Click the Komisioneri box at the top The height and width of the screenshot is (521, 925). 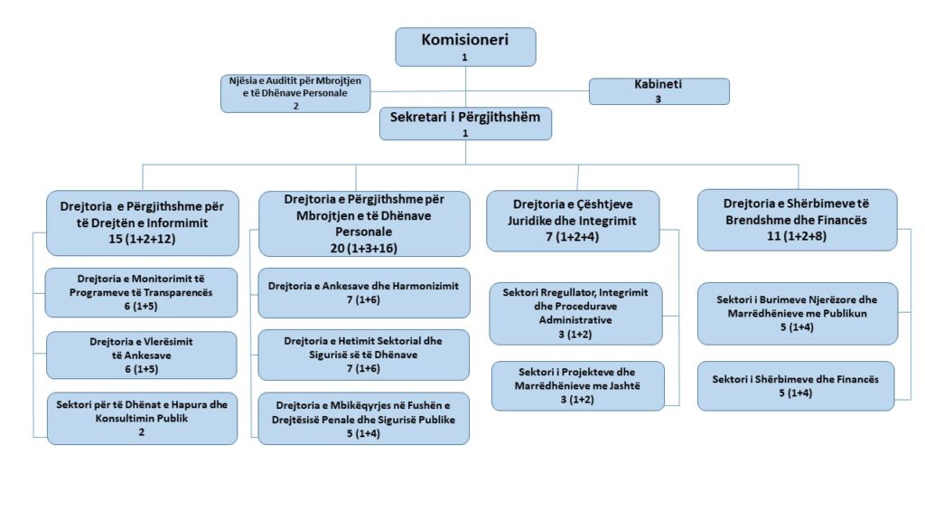tap(465, 46)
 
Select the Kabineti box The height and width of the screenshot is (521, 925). tap(659, 91)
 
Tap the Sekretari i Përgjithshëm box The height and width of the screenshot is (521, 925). tap(465, 124)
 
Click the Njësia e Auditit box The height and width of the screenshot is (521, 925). tap(294, 93)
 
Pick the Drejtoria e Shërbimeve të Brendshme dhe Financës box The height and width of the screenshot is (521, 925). tap(797, 220)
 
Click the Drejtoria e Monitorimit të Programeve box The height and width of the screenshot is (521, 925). tap(141, 292)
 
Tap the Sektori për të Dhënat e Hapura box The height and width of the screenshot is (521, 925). tap(142, 418)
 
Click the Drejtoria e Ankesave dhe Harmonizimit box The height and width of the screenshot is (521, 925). tap(364, 292)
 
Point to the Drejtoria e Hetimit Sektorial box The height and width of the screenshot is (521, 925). tap(364, 355)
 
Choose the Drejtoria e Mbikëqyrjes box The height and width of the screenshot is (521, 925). tap(364, 419)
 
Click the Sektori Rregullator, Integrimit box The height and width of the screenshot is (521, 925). tap(575, 314)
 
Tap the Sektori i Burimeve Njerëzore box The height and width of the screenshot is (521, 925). tap(797, 314)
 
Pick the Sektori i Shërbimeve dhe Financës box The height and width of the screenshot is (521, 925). tap(797, 386)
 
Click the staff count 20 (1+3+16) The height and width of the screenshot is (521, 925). tap(363, 246)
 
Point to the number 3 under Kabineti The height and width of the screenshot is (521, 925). tap(659, 99)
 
